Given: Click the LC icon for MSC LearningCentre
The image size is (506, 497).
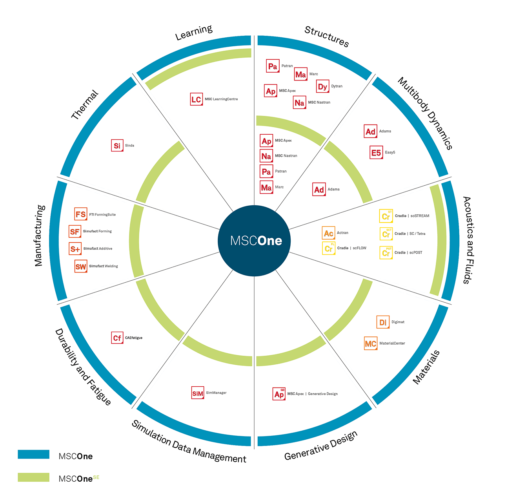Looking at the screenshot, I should (196, 99).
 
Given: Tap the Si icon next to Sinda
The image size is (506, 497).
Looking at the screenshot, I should (117, 146).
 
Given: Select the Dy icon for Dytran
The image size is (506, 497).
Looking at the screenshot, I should (322, 86).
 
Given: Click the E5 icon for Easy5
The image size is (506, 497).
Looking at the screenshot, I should (376, 152).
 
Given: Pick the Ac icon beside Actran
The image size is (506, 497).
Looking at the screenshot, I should (328, 233).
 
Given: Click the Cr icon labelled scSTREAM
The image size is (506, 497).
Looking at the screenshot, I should (386, 216).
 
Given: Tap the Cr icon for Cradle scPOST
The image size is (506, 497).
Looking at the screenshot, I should (386, 253).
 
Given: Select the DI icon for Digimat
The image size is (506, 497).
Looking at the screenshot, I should (383, 322).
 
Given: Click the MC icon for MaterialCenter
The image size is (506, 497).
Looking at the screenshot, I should (370, 344).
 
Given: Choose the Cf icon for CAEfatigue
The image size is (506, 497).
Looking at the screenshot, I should (117, 338).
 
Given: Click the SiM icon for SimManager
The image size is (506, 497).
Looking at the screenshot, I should (198, 393).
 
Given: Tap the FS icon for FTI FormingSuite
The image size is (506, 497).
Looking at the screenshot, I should (80, 214).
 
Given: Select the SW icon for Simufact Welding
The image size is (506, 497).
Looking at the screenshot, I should (80, 267).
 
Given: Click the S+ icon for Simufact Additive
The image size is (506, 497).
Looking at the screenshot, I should (75, 249).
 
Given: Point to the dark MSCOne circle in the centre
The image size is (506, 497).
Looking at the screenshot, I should (254, 241).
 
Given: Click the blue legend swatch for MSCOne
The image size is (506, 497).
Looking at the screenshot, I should (34, 454).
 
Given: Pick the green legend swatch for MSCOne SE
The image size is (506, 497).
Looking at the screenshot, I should (34, 477).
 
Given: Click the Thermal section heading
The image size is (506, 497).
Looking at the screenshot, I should (85, 105).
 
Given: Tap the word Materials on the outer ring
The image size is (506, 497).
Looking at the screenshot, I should (426, 367).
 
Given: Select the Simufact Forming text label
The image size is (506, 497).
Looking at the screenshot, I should (97, 231).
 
